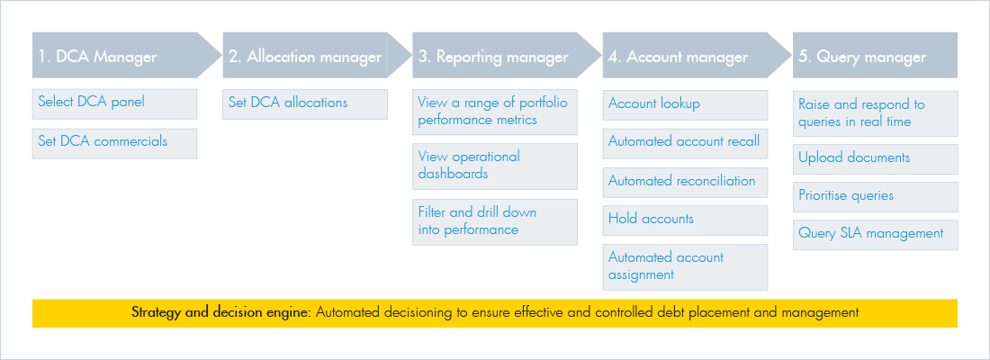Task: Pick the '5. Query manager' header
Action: click(875, 56)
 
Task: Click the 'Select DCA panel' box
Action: click(115, 104)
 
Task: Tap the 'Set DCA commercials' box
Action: click(115, 143)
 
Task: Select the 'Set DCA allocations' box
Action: click(305, 104)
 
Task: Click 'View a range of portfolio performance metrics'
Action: click(495, 112)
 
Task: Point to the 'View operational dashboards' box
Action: click(495, 166)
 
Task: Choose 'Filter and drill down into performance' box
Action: click(495, 222)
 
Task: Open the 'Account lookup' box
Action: click(685, 104)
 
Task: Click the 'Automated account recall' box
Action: click(685, 143)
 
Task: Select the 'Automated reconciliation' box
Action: click(685, 182)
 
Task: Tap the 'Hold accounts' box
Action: click(685, 220)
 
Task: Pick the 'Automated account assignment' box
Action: click(685, 267)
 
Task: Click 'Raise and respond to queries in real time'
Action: click(876, 113)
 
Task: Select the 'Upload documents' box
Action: click(876, 159)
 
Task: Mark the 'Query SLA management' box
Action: click(876, 235)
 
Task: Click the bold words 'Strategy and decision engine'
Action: click(221, 312)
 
